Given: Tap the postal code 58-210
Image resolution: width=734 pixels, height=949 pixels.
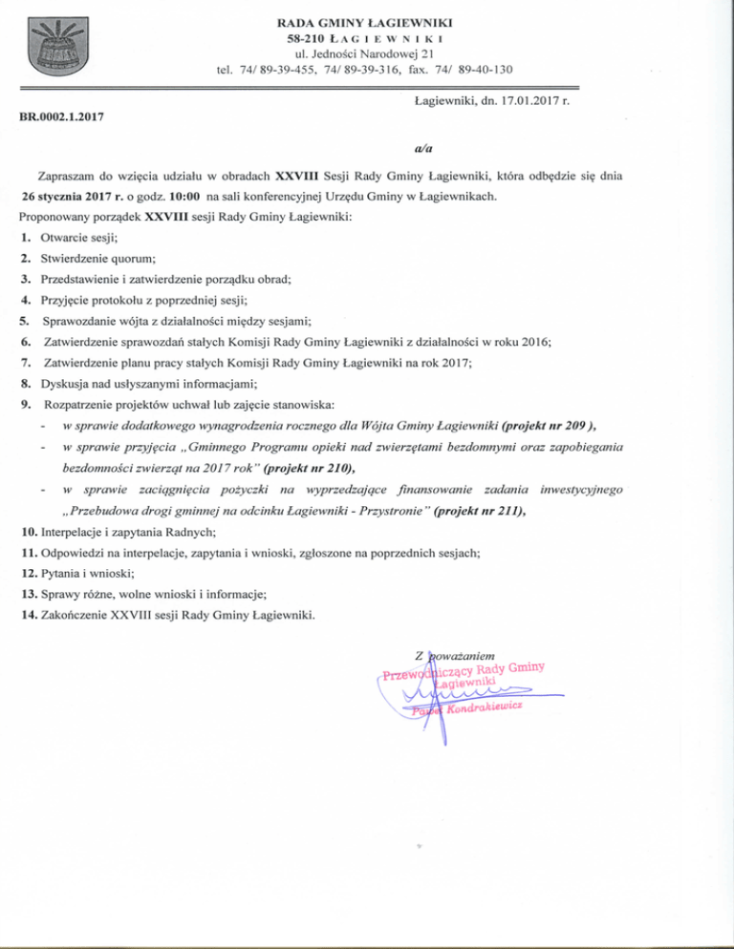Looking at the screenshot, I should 307,37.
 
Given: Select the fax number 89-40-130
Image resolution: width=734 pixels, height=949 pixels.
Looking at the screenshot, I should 482,70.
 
